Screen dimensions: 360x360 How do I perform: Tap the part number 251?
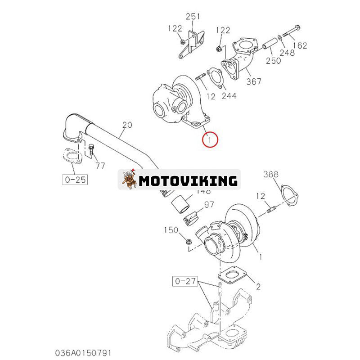click(x=193, y=17)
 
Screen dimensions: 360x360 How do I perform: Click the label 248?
click(x=287, y=53)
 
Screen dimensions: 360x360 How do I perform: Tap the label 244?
click(x=229, y=95)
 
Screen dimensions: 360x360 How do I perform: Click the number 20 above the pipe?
click(x=127, y=125)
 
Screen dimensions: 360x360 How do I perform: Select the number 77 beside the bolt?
click(x=100, y=166)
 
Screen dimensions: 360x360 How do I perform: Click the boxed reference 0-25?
click(x=75, y=180)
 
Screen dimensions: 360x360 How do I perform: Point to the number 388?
click(x=271, y=174)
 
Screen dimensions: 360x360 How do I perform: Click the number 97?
click(x=209, y=205)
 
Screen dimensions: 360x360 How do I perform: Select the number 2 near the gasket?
click(x=258, y=286)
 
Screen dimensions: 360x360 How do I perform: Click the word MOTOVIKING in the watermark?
click(x=188, y=180)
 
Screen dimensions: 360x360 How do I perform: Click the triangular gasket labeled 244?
click(x=214, y=77)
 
